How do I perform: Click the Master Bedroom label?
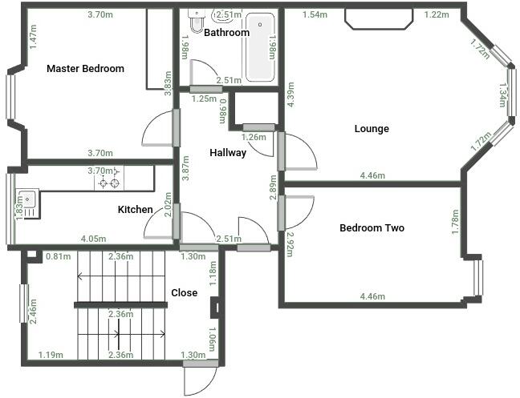85,69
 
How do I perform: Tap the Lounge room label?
372,129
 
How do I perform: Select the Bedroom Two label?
372,228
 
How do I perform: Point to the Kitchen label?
136,210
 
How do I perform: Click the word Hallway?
228,153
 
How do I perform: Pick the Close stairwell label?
185,293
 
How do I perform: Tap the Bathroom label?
226,34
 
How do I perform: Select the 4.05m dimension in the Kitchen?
94,239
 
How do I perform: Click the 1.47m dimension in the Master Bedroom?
33,37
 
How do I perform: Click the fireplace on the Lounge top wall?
379,18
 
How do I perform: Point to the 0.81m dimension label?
58,257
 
